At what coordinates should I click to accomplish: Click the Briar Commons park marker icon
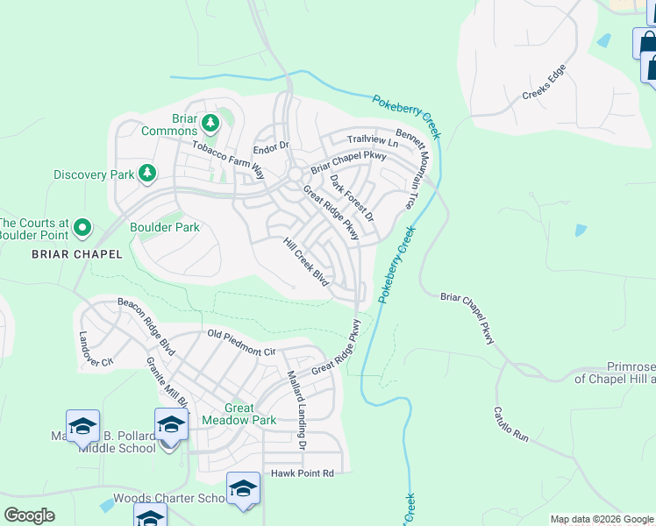point(210,121)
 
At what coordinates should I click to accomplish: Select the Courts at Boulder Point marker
point(82,229)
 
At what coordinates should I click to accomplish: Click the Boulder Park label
point(165,228)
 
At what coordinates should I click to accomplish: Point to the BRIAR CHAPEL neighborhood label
point(67,254)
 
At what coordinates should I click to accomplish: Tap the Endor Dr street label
point(270,146)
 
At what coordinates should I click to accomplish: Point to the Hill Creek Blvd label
point(305,262)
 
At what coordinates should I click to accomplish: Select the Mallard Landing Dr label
point(296,409)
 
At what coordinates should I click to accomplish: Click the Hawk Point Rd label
point(303,473)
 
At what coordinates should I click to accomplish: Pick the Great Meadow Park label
point(239,414)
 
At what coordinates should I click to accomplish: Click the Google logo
point(29,515)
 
